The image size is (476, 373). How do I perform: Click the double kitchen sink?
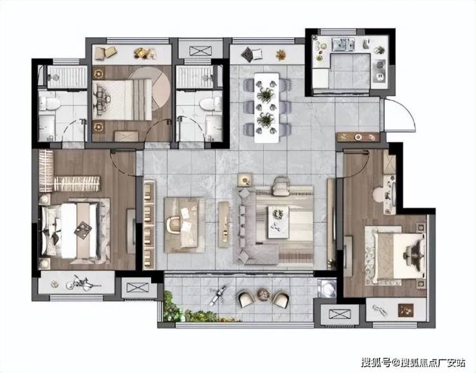pos(343,44)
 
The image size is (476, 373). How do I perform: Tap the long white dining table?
pos(266,108)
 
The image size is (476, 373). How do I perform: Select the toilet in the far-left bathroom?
pos(50,103)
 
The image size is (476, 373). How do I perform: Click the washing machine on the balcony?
pos(327,288)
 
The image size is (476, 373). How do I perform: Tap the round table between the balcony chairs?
pos(262,295)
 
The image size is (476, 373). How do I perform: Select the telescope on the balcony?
pos(217,295)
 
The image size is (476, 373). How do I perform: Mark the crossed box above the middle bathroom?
pos(200,51)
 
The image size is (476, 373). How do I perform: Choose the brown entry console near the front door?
pos(358,137)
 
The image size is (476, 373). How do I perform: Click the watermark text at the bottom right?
pos(413,362)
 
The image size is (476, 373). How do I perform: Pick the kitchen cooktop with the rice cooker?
pos(380,71)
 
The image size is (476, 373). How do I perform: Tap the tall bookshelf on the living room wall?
pos(149,225)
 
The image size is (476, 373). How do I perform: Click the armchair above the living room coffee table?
pos(281,186)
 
